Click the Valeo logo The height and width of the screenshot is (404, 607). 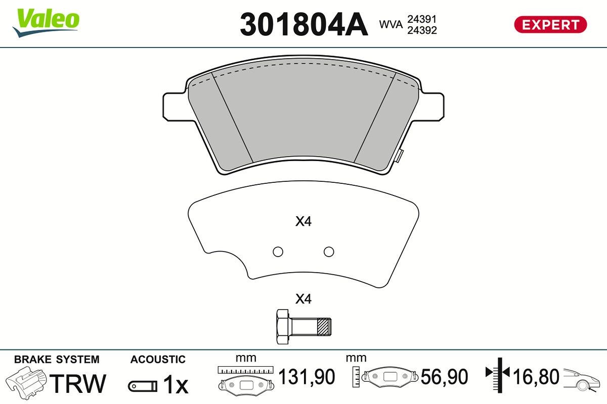tap(46, 23)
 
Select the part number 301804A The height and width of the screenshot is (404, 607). tap(304, 25)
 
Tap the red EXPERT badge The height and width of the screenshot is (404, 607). tap(550, 25)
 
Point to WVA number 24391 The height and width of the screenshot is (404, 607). tap(422, 19)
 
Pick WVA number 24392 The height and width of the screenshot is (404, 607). tap(422, 30)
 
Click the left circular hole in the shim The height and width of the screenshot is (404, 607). tap(278, 251)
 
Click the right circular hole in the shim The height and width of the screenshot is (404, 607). tap(329, 251)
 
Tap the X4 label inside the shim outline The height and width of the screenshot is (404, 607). tap(303, 221)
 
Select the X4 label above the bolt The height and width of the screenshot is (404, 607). tap(303, 299)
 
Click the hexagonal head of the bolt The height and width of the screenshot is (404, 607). tap(283, 327)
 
